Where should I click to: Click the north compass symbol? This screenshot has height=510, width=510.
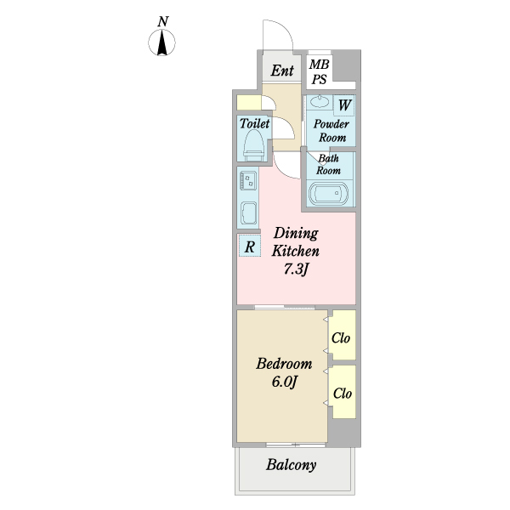(163, 42)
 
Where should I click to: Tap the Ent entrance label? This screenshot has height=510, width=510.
(281, 70)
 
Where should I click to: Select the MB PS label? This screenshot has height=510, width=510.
(320, 71)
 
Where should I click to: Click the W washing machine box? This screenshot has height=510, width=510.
(344, 105)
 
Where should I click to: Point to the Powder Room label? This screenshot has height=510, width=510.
(331, 131)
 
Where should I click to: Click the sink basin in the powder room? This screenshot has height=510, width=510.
(320, 103)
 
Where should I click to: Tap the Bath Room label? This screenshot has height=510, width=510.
(329, 164)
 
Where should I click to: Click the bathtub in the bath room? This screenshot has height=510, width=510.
(329, 194)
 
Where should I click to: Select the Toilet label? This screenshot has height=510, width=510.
(254, 124)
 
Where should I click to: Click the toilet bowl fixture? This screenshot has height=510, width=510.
(253, 147)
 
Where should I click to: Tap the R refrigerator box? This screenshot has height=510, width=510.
(250, 246)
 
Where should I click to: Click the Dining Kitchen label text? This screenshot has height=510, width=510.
(295, 242)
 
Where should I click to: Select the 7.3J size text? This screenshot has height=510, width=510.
(295, 270)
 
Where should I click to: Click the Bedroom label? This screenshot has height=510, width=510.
(284, 364)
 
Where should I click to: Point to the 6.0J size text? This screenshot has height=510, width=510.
(284, 382)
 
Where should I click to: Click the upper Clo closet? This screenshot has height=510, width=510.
(342, 337)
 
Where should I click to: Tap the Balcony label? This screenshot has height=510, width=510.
(292, 465)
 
